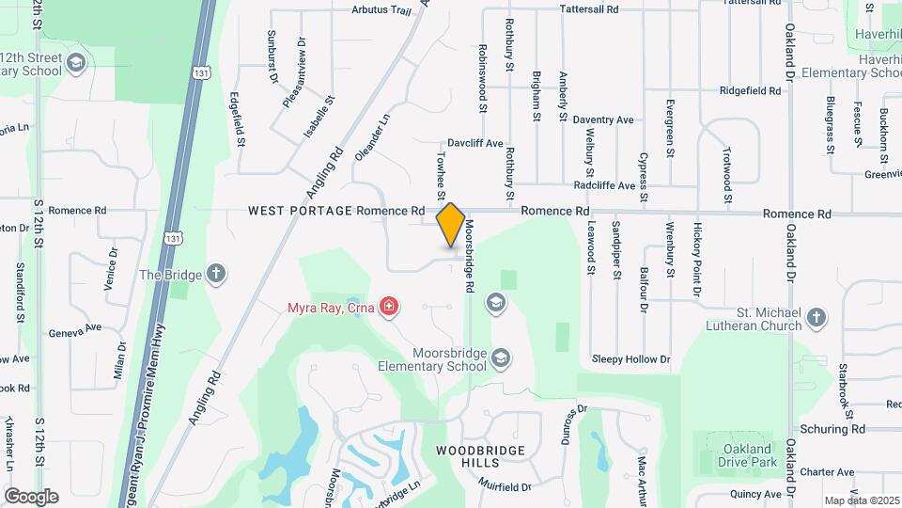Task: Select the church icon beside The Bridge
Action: point(216,275)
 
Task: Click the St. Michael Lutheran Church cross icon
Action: point(816,319)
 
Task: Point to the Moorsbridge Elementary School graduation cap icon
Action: point(502,357)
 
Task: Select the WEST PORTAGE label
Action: point(300,212)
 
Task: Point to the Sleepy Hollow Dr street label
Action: point(630,359)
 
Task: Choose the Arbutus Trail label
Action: point(381,10)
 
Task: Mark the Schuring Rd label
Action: point(832,429)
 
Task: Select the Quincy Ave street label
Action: point(755,494)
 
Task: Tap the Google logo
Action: point(31,496)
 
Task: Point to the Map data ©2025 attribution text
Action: point(862,500)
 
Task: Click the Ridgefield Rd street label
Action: point(750,91)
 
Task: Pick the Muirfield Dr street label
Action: point(504,487)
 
